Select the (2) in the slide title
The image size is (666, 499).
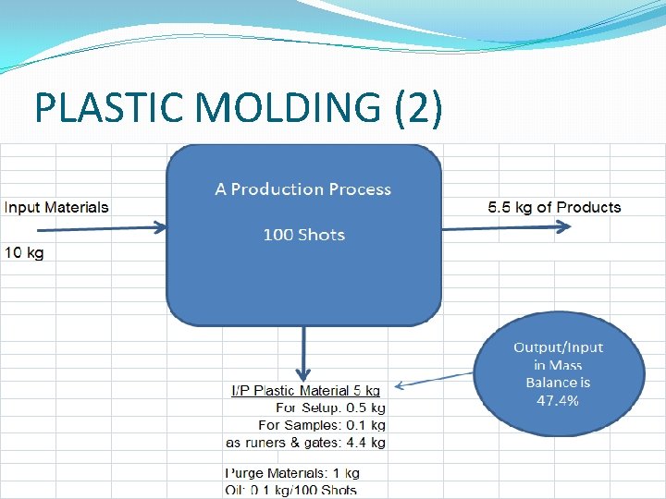(418, 108)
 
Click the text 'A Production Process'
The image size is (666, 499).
(303, 189)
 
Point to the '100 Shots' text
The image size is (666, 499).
(303, 235)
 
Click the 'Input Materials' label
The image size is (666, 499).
(56, 207)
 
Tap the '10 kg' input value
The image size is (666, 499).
(24, 252)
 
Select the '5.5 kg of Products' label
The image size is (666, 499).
(554, 207)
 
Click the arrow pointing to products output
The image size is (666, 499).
(499, 227)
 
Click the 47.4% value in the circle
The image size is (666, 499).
(558, 400)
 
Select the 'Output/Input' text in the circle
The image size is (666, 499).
(558, 347)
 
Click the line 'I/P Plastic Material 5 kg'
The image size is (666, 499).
(305, 391)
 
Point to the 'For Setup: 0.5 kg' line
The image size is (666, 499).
(330, 408)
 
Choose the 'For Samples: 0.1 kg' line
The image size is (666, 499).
(321, 425)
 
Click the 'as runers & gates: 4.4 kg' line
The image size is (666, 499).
(305, 443)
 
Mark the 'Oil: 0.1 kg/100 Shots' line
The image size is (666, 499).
(291, 490)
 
